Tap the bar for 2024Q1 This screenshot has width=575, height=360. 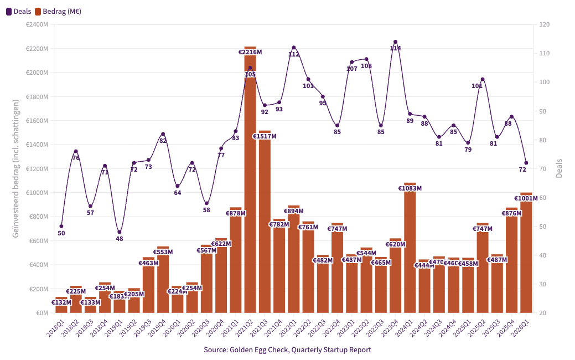pos(410,249)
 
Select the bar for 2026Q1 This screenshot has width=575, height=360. pos(526,255)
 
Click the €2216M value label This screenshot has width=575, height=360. pos(250,52)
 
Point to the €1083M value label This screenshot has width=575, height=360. pos(410,188)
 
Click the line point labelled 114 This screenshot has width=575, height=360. pos(395,42)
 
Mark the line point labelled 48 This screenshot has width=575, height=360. pos(120,232)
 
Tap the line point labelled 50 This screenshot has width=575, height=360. pos(61,226)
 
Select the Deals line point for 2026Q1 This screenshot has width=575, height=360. pos(526,163)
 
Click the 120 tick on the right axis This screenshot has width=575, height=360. pos(544,24)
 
